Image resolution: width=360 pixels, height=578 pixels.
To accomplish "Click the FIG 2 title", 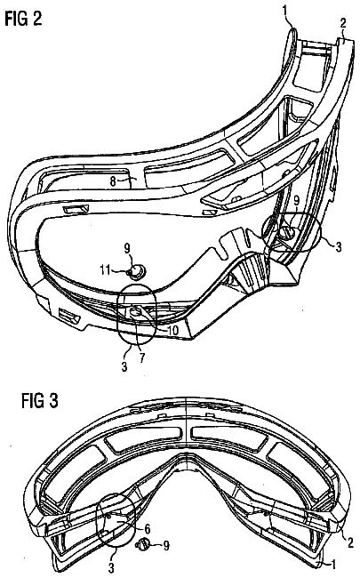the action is pyautogui.click(x=24, y=18).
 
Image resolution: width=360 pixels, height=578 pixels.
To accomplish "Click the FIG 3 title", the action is pyautogui.click(x=40, y=401).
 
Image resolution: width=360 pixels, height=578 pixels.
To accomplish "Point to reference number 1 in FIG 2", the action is pyautogui.click(x=286, y=11).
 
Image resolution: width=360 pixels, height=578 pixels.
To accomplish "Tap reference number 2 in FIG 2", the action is pyautogui.click(x=343, y=23).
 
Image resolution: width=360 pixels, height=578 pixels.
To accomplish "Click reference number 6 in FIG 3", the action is pyautogui.click(x=147, y=529).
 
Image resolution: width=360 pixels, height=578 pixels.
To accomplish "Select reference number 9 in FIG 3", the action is pyautogui.click(x=166, y=546).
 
